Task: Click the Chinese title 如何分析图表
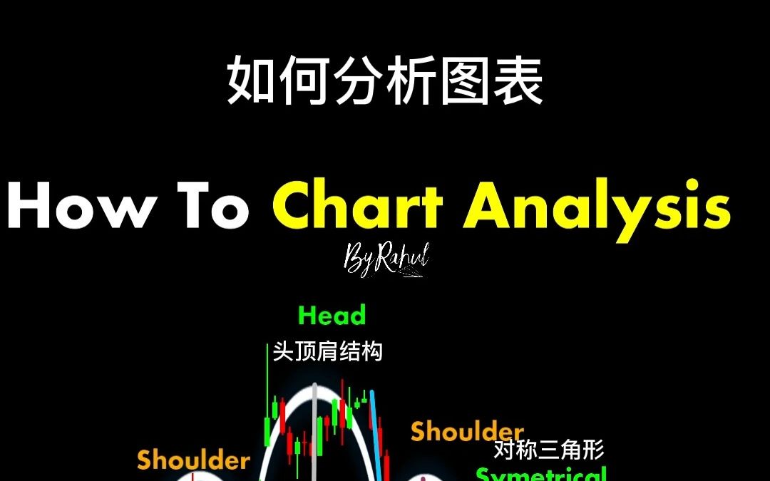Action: point(385,82)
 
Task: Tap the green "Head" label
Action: point(332,315)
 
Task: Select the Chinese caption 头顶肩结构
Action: point(327,351)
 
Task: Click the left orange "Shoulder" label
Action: point(193,460)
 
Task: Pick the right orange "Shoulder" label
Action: point(467,431)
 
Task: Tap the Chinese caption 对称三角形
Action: point(549,450)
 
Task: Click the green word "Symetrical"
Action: point(542,474)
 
